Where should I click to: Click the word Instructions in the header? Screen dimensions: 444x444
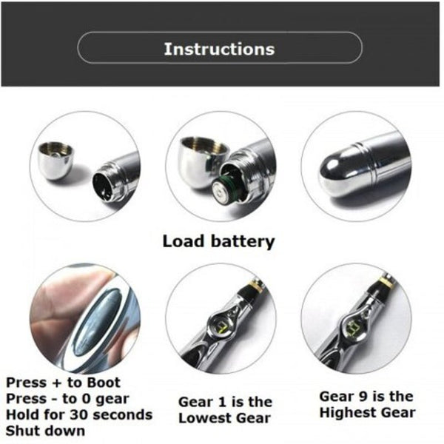(x=219, y=49)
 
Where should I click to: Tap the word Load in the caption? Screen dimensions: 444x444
(x=184, y=241)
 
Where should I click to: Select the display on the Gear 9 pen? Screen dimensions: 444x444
(x=354, y=323)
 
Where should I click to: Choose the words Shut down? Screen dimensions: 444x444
(x=46, y=430)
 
